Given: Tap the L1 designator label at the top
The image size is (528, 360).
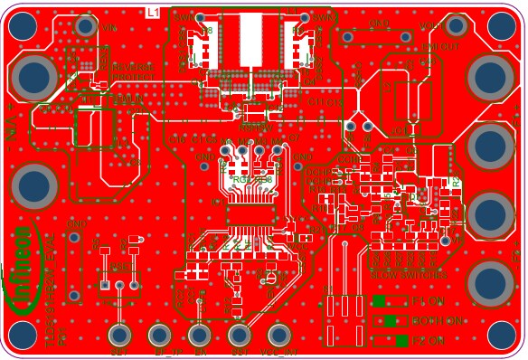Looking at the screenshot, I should point(152,12).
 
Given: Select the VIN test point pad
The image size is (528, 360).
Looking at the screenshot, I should point(86,26).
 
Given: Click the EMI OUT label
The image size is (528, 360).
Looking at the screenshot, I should point(440,46).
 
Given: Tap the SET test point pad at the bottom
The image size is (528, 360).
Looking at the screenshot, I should point(118,335).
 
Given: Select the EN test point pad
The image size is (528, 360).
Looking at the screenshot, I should point(200,335).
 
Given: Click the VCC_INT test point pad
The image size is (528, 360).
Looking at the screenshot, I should point(278,335).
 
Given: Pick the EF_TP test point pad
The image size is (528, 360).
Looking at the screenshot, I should point(161,335).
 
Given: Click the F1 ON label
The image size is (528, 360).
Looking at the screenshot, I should point(428,301).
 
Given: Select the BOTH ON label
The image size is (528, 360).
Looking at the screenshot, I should point(437,321).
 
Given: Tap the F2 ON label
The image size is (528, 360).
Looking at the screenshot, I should point(428,341).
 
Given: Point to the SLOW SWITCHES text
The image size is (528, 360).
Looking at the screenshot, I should point(409,275).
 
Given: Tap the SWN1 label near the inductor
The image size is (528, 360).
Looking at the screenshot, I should point(183,16).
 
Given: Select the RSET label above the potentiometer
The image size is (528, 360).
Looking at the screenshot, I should point(118,267).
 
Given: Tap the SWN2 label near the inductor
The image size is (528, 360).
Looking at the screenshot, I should point(323,16).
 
